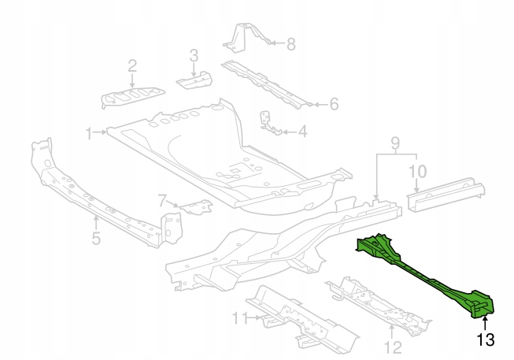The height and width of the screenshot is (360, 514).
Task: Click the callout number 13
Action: [485, 340]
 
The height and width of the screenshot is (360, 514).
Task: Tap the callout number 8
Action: [290, 44]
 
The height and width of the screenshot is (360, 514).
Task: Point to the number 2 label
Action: [132, 65]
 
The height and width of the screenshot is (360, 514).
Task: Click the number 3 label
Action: [193, 55]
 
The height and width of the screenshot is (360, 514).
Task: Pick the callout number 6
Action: [333, 103]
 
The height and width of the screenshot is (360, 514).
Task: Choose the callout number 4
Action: [302, 132]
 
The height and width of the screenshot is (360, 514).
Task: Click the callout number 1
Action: [90, 132]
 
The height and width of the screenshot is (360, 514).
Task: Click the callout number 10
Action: [417, 170]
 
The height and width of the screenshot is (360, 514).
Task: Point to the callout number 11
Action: [236, 318]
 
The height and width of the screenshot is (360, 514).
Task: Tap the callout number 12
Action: [392, 347]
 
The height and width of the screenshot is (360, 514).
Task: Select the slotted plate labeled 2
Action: [132, 97]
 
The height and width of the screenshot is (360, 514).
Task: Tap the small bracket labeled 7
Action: [194, 206]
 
